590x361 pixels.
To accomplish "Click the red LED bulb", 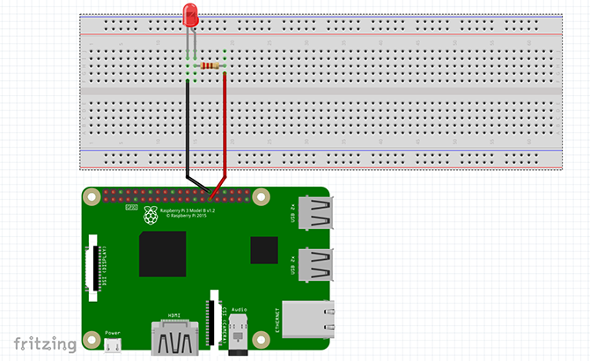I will tap(189, 15).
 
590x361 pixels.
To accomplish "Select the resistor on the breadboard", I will tap(210, 66).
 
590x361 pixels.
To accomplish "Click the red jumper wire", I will tap(225, 132).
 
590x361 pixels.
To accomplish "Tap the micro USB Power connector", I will tap(113, 345).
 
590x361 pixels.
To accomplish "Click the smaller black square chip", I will tap(263, 251).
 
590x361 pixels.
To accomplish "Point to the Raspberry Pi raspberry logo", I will tap(151, 217).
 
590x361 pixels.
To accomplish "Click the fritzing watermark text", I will tap(41, 343).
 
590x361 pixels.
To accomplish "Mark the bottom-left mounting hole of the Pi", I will tap(92, 337).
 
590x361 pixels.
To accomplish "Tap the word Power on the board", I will tap(113, 332).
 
